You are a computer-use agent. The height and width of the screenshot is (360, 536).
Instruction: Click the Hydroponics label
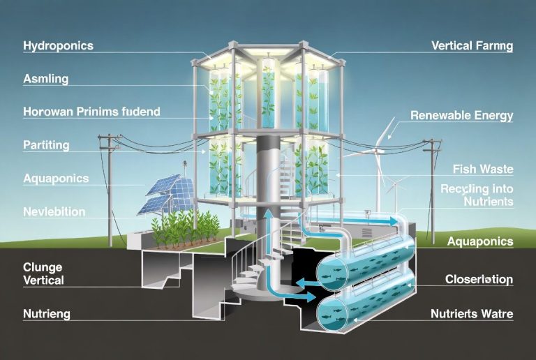58,46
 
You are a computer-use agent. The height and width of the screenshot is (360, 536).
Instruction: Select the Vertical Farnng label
472,47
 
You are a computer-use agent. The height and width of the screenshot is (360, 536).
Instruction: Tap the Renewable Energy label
462,116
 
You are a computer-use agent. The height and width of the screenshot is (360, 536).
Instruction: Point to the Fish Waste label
483,169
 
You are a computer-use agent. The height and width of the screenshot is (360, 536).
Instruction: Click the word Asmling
45,79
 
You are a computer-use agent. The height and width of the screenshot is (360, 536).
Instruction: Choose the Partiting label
46,145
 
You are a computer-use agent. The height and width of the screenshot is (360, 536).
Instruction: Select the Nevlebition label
54,211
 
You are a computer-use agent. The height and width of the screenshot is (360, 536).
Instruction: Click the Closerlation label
479,280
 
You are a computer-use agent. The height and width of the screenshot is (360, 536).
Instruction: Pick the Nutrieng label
46,314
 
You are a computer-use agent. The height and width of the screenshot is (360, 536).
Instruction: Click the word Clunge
43,267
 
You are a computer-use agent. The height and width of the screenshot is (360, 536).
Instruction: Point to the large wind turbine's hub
380,148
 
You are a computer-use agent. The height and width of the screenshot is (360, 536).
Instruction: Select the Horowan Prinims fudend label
91,112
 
